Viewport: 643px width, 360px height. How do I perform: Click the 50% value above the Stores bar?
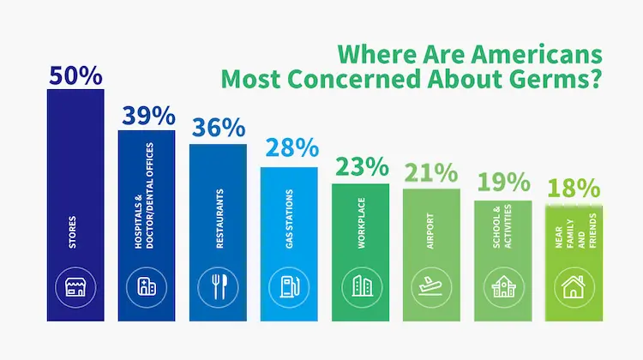tap(75, 75)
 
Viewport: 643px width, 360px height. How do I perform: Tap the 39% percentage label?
tap(147, 114)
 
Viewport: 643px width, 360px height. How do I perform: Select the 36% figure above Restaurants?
tap(218, 127)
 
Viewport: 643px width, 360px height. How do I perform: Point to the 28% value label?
tap(289, 148)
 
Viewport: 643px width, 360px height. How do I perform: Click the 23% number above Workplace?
tap(360, 166)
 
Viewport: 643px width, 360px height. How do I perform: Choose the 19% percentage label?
tap(502, 183)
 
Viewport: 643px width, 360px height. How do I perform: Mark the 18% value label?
tap(574, 188)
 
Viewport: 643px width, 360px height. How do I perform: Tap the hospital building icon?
tap(147, 286)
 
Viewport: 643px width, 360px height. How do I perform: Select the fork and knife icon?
tap(218, 286)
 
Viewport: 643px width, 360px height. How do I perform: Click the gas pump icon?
tap(289, 286)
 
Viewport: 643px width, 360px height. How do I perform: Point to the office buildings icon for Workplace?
tap(360, 286)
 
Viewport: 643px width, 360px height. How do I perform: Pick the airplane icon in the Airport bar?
tap(431, 286)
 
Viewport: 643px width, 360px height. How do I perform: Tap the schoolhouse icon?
tap(502, 286)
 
